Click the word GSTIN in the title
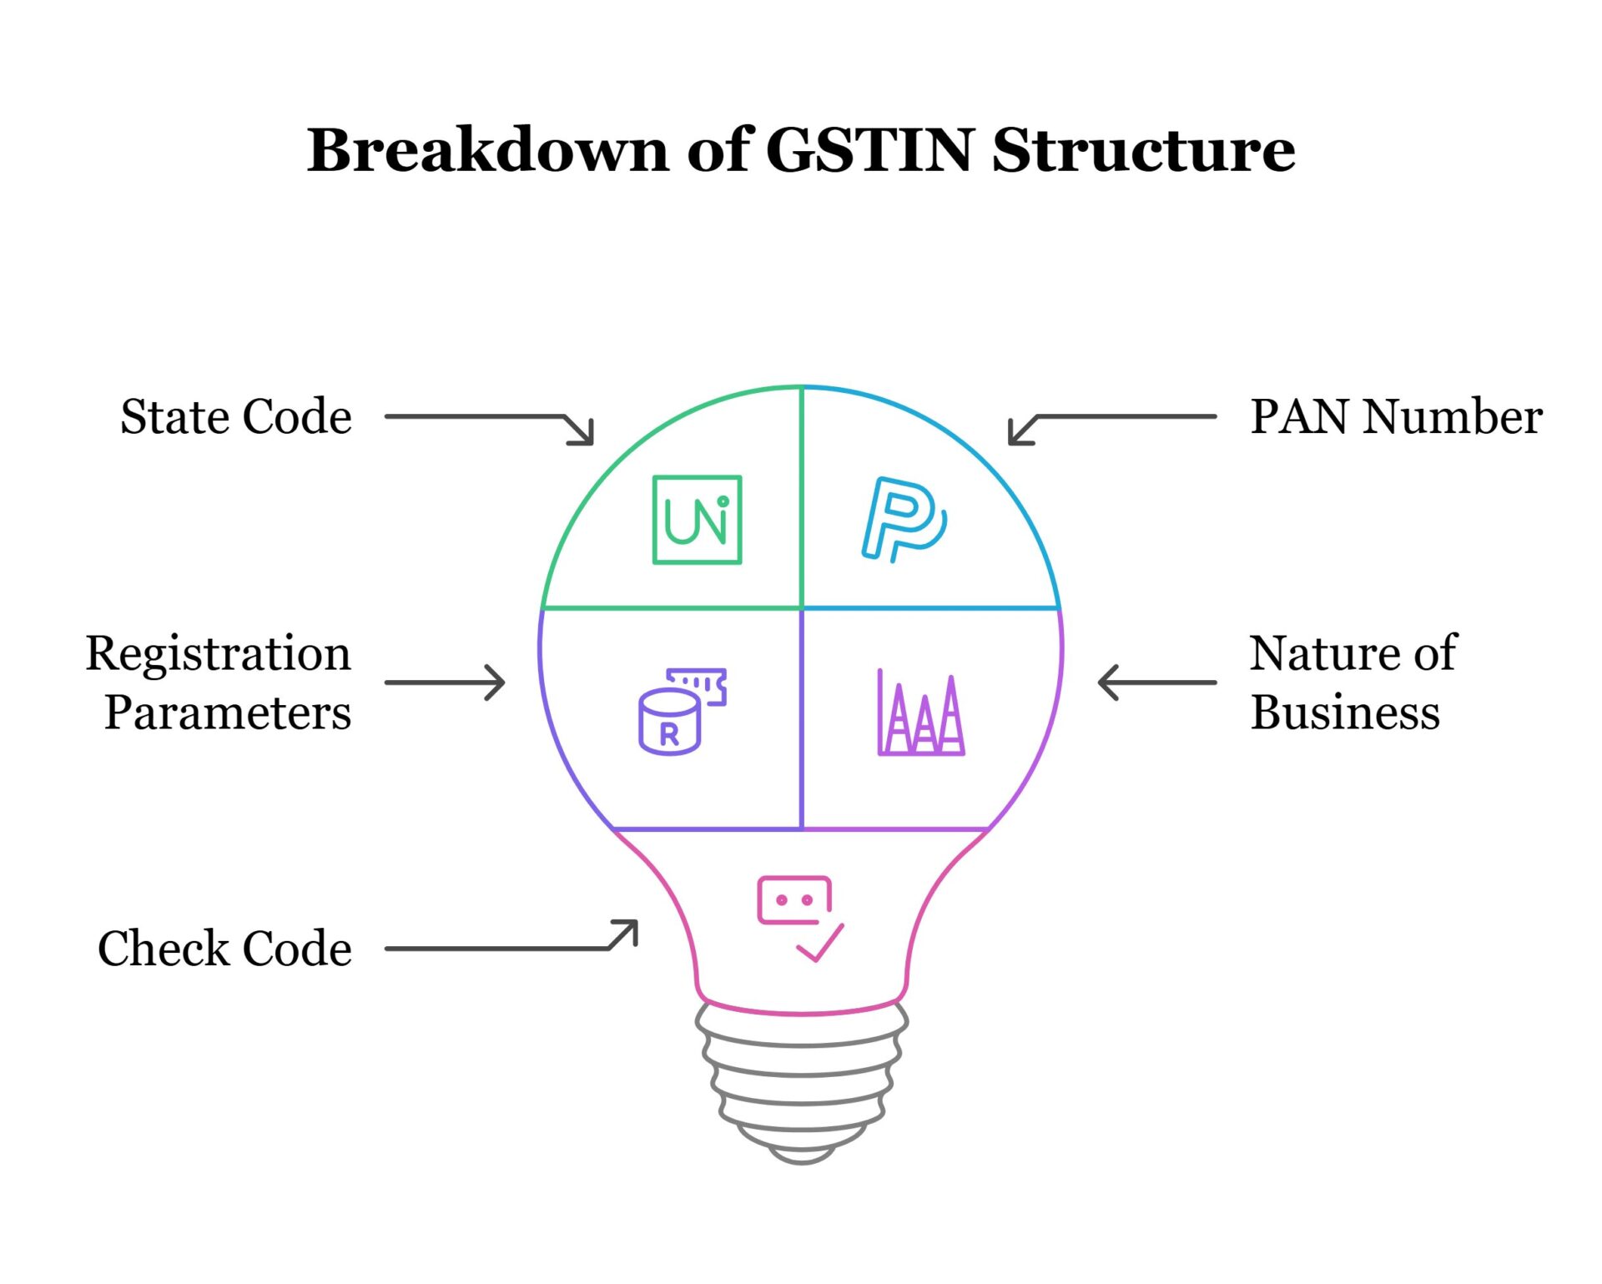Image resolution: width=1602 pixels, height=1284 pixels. click(x=869, y=150)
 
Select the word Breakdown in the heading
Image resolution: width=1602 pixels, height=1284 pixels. click(x=487, y=150)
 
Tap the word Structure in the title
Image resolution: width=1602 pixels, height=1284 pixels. click(x=1143, y=150)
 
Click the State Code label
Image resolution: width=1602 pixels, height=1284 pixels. click(x=236, y=416)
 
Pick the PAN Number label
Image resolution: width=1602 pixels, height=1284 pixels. click(x=1396, y=416)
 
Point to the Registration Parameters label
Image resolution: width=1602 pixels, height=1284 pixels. click(x=219, y=682)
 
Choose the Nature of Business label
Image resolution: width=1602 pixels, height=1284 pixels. click(x=1352, y=682)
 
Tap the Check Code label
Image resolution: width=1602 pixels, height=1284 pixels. click(x=224, y=949)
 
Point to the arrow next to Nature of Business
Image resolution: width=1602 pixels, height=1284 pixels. click(x=1156, y=682)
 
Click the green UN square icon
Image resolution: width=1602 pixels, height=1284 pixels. click(x=697, y=520)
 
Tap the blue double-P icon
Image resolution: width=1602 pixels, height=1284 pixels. click(x=903, y=520)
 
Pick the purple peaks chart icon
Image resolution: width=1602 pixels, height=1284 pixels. click(x=920, y=714)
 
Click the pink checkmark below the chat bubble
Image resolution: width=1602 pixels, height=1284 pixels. click(x=820, y=944)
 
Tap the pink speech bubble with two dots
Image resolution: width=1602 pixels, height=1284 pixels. click(x=794, y=900)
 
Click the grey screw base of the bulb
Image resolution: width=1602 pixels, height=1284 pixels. click(x=802, y=1085)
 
